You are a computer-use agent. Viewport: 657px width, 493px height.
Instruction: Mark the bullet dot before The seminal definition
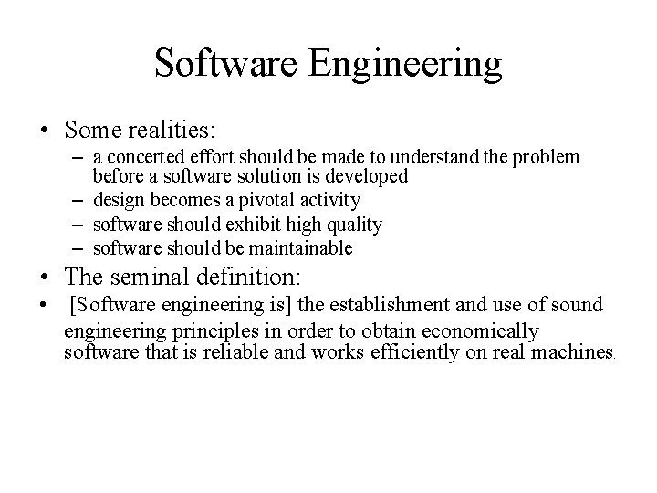45,278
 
